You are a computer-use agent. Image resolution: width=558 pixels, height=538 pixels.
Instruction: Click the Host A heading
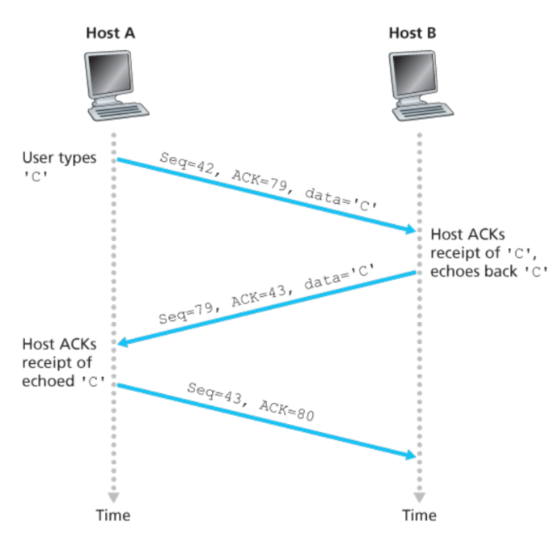pyautogui.click(x=112, y=33)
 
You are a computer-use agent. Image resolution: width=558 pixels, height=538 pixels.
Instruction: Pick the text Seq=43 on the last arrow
pyautogui.click(x=210, y=392)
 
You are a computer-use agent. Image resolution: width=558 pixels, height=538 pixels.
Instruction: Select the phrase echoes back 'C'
pyautogui.click(x=477, y=270)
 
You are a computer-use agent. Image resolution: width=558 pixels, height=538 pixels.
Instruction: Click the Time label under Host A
pyautogui.click(x=112, y=514)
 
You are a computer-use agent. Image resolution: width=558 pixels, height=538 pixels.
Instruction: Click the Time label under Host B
pyautogui.click(x=418, y=514)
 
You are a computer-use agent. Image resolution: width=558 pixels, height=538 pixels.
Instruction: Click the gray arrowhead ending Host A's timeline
pyautogui.click(x=113, y=495)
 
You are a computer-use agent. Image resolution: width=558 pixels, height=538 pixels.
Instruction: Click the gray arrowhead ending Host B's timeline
pyautogui.click(x=418, y=495)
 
